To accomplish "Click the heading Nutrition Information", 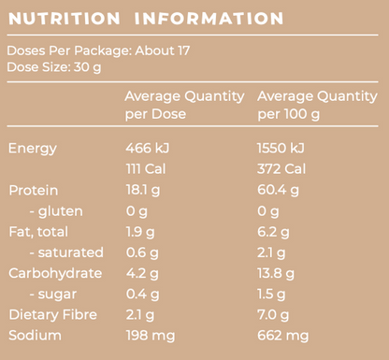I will pyautogui.click(x=145, y=19).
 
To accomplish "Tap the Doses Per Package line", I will pyautogui.click(x=98, y=50).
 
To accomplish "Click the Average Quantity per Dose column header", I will pyautogui.click(x=184, y=105).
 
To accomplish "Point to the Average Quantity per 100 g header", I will pyautogui.click(x=317, y=105).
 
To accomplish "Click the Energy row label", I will pyautogui.click(x=33, y=148).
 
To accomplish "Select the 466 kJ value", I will pyautogui.click(x=149, y=148).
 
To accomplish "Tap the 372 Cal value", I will pyautogui.click(x=282, y=168).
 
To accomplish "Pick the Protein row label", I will pyautogui.click(x=34, y=190).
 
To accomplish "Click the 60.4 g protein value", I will pyautogui.click(x=278, y=190).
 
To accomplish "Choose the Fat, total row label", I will pyautogui.click(x=38, y=231).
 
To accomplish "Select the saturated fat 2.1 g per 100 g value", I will pyautogui.click(x=272, y=252).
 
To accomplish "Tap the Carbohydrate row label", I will pyautogui.click(x=53, y=273).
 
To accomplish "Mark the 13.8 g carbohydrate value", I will pyautogui.click(x=276, y=273).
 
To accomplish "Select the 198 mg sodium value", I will pyautogui.click(x=150, y=335).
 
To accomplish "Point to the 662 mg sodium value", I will pyautogui.click(x=282, y=335).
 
